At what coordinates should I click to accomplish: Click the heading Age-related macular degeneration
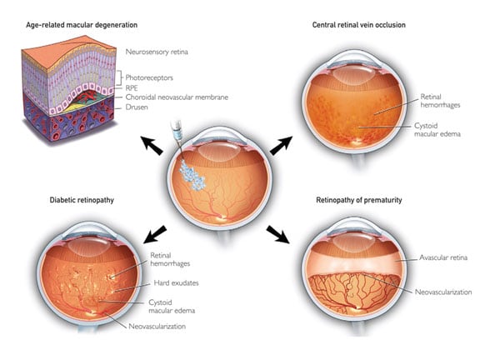pyautogui.click(x=82, y=25)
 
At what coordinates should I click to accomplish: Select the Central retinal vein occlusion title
pyautogui.click(x=358, y=25)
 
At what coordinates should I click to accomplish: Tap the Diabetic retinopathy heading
pyautogui.click(x=82, y=200)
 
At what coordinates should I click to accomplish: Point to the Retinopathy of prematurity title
pyautogui.click(x=358, y=200)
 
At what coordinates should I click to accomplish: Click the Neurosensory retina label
pyautogui.click(x=157, y=52)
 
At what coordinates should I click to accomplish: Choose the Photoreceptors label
pyautogui.click(x=149, y=77)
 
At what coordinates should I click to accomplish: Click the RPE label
pyautogui.click(x=132, y=87)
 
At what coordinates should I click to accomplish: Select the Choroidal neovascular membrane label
pyautogui.click(x=177, y=97)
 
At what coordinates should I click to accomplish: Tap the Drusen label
pyautogui.click(x=137, y=107)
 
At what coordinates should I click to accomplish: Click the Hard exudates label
pyautogui.click(x=176, y=283)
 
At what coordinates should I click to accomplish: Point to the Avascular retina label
pyautogui.click(x=443, y=257)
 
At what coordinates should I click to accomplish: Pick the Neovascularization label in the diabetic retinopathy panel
pyautogui.click(x=157, y=327)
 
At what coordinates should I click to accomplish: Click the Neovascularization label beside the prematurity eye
pyautogui.click(x=443, y=292)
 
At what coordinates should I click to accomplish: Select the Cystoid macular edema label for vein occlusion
pyautogui.click(x=437, y=130)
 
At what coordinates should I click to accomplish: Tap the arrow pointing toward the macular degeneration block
pyautogui.click(x=152, y=145)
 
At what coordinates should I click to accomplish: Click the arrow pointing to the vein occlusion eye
pyautogui.click(x=282, y=146)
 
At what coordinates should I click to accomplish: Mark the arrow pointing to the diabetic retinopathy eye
pyautogui.click(x=155, y=234)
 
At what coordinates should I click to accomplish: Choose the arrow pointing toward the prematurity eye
pyautogui.click(x=278, y=234)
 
